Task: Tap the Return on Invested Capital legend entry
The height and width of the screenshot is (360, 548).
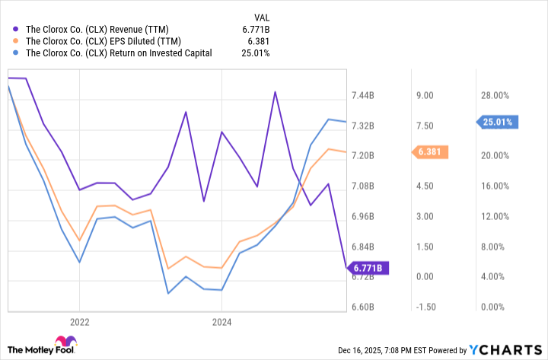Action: [119, 53]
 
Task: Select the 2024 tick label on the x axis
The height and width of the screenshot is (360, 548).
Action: [221, 321]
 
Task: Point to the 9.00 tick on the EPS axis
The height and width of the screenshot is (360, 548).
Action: [424, 95]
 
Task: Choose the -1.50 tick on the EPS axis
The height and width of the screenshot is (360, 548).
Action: [424, 307]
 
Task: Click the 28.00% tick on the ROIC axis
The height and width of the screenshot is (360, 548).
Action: [494, 95]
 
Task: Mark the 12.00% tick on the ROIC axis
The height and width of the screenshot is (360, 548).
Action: [494, 217]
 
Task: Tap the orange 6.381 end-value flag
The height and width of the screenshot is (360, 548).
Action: [431, 152]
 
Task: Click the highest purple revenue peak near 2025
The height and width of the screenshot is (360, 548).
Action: [275, 92]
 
